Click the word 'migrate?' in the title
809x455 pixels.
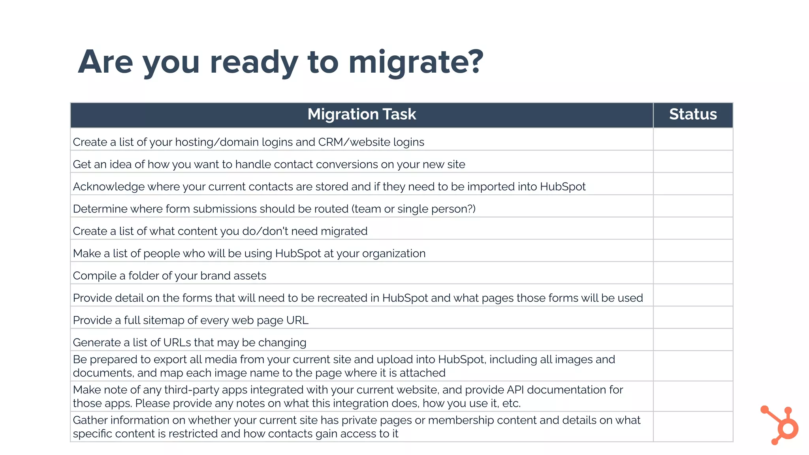click(x=416, y=62)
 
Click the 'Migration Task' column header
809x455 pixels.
click(x=361, y=115)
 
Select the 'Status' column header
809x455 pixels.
click(x=693, y=115)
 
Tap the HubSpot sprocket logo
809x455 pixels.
click(x=781, y=425)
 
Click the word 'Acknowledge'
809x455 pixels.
click(x=109, y=187)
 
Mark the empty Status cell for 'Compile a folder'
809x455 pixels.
click(x=693, y=273)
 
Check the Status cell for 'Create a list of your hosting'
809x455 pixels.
click(x=693, y=139)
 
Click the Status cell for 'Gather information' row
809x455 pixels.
click(x=693, y=427)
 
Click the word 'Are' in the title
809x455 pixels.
click(x=105, y=62)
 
